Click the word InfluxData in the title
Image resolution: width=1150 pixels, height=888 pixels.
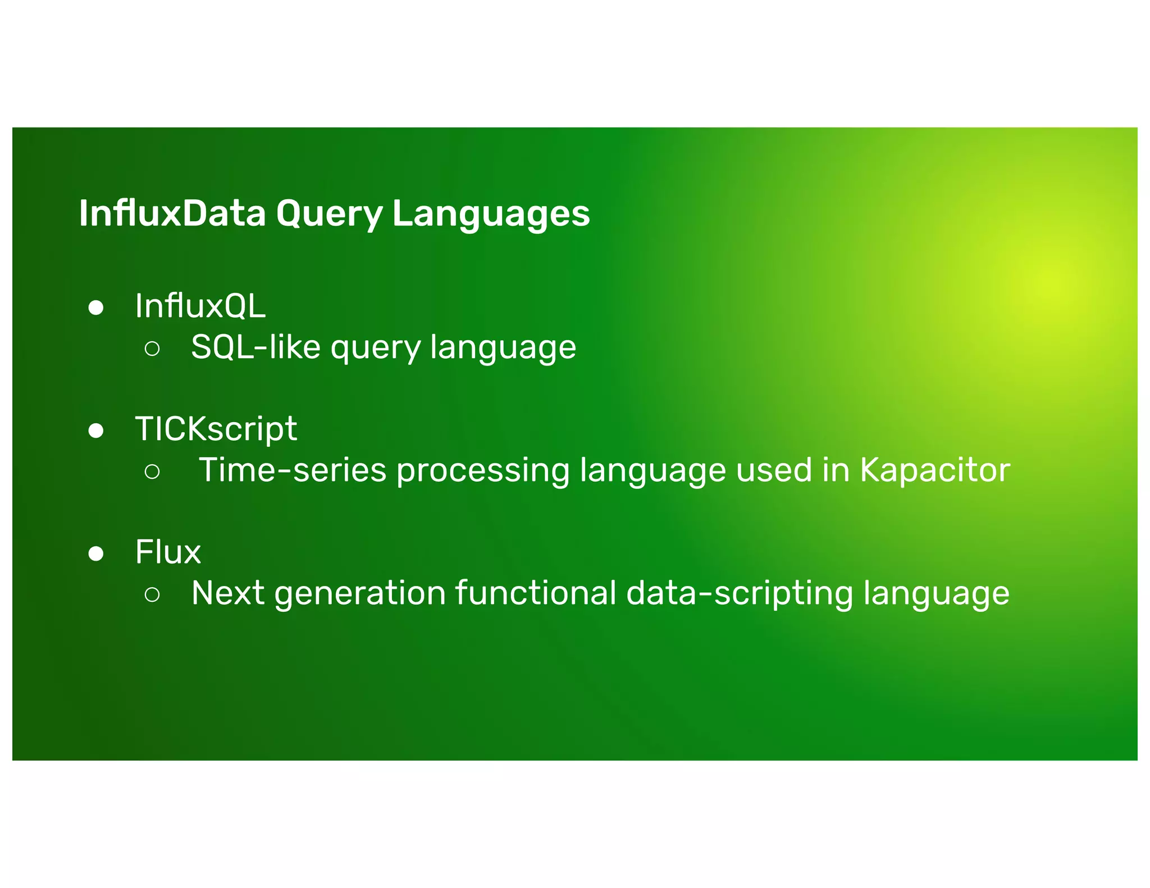(172, 213)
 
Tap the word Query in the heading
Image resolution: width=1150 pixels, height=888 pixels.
(329, 214)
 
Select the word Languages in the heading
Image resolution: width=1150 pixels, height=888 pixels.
(491, 214)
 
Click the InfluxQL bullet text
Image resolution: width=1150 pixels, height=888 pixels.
(200, 306)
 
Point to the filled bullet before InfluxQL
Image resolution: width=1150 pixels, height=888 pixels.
(96, 308)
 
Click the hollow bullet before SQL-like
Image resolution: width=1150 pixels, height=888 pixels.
(152, 349)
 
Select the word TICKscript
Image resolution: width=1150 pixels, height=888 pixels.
(216, 429)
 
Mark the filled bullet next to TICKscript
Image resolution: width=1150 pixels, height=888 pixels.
(96, 431)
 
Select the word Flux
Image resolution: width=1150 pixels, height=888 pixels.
(167, 552)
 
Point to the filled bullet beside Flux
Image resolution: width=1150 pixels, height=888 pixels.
(96, 553)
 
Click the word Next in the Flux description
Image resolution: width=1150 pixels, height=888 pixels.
(227, 593)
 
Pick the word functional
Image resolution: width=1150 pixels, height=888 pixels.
(536, 593)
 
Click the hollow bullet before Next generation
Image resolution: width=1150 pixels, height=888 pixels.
(152, 594)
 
